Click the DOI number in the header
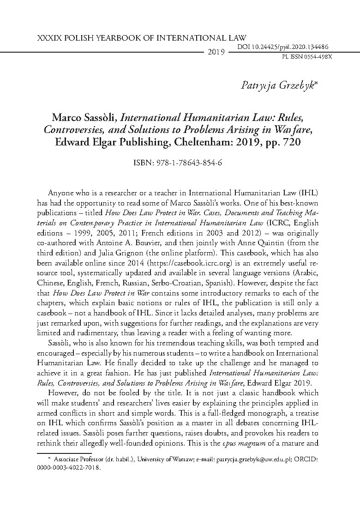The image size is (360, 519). pos(282,47)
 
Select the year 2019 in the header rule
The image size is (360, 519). pos(216,52)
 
